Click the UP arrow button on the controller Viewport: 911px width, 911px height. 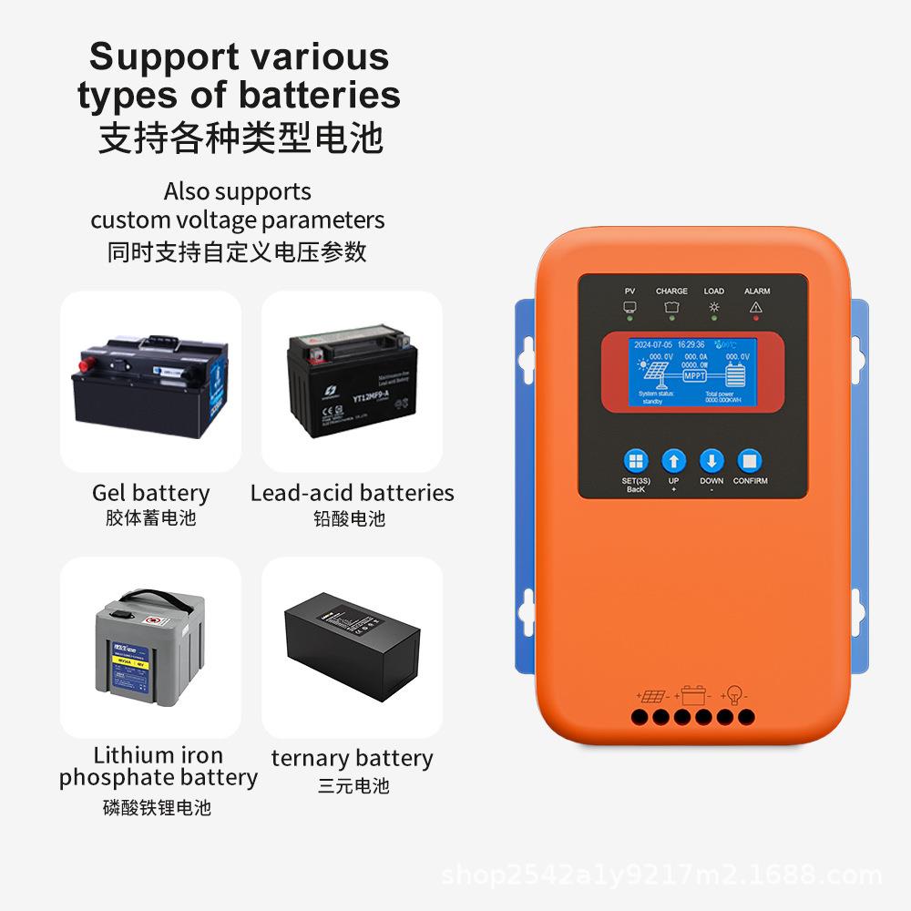673,461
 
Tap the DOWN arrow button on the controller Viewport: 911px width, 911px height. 711,461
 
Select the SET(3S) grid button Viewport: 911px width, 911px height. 636,461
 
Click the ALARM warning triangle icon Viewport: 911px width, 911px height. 756,307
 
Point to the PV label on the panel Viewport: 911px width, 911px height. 630,292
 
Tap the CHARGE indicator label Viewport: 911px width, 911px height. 671,292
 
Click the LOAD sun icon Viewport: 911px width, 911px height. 713,307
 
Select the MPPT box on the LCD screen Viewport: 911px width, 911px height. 695,374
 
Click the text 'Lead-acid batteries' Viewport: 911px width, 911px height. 352,493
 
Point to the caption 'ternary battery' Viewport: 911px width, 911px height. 352,758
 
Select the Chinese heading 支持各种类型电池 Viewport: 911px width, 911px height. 240,138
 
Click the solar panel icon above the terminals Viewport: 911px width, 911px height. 651,697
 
